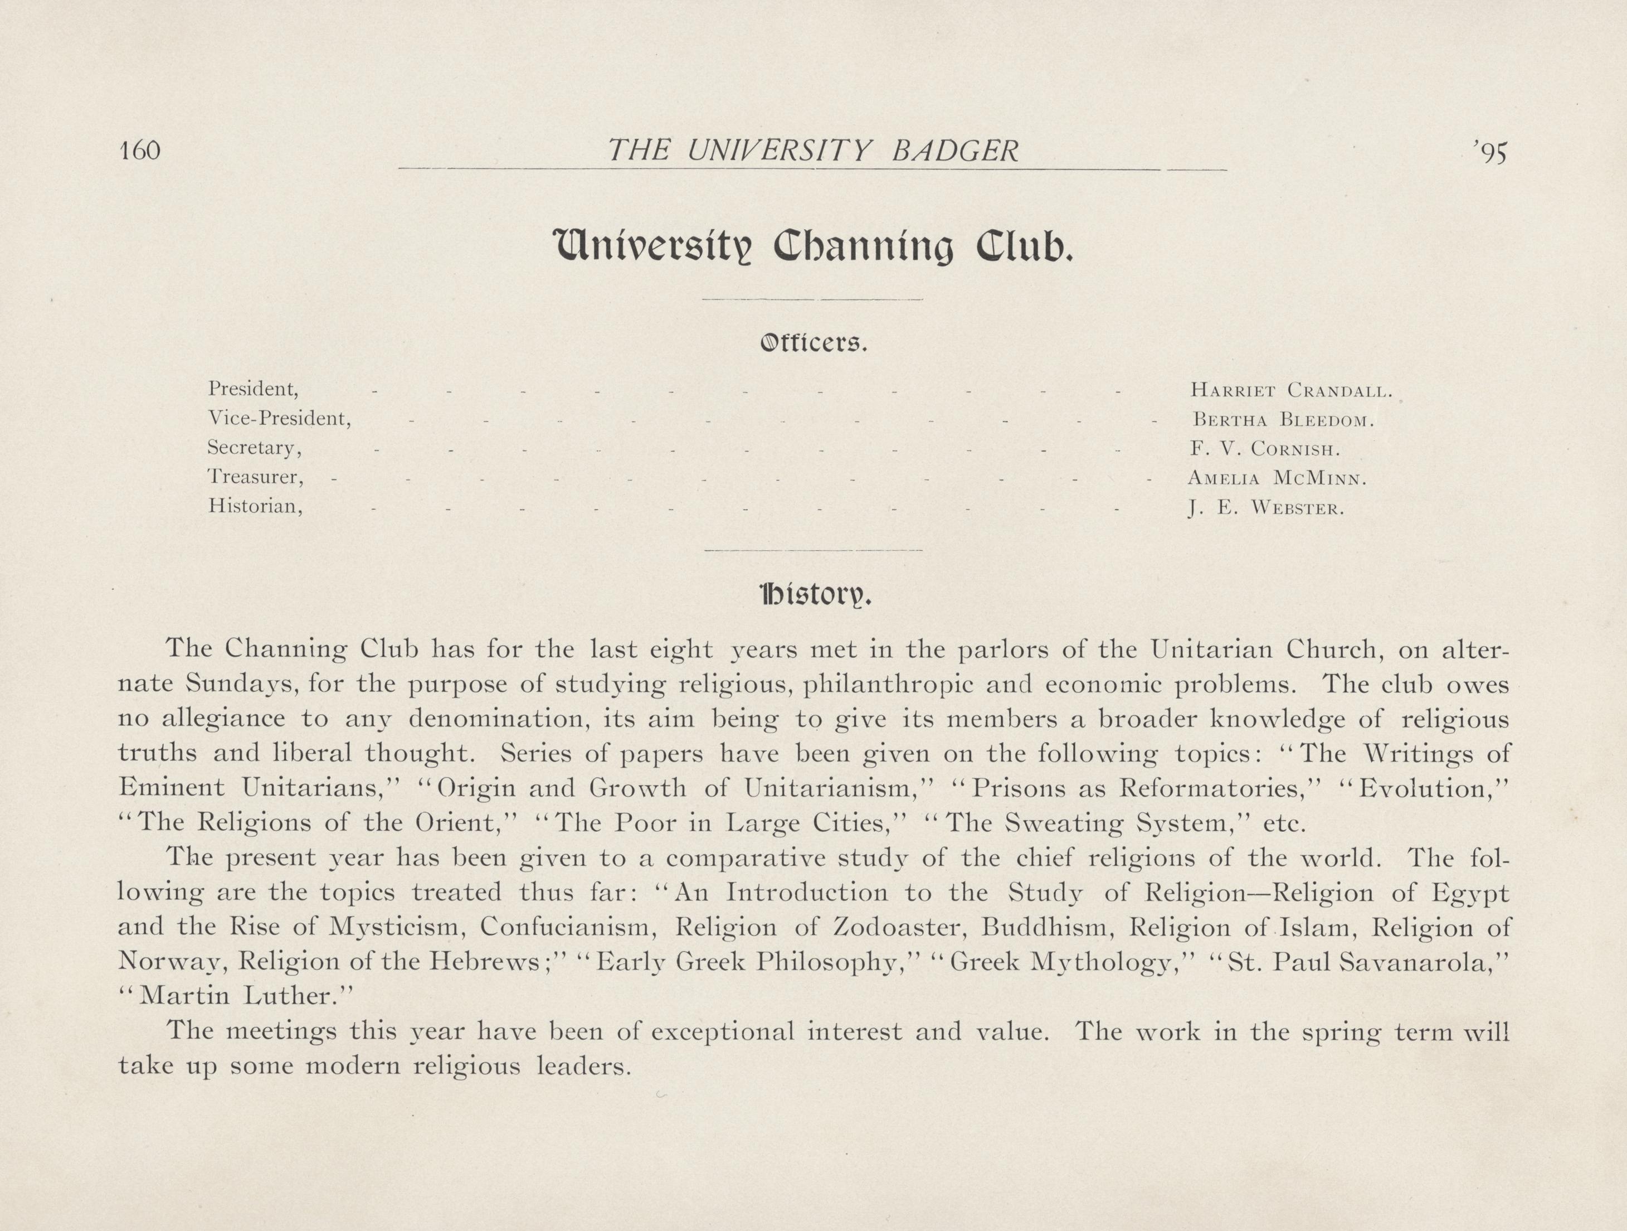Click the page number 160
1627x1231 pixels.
(140, 151)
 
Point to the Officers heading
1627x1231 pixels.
(813, 343)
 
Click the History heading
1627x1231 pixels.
(815, 594)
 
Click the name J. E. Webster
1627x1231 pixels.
(1266, 508)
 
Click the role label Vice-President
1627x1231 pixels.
(280, 419)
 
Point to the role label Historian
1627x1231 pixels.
(255, 506)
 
